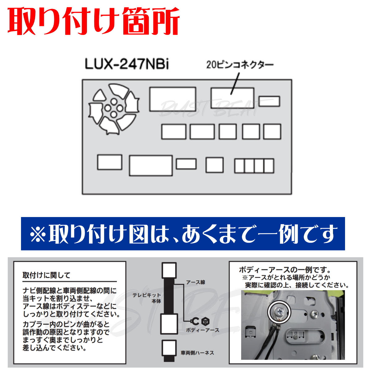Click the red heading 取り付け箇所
(94, 21)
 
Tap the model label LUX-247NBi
(127, 64)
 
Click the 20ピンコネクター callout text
(240, 65)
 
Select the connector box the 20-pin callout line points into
(232, 98)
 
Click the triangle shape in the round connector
(99, 95)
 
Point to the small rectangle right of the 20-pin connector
(269, 101)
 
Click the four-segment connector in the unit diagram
(254, 166)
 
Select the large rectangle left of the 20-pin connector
(173, 99)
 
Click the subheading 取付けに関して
(46, 275)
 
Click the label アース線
(195, 282)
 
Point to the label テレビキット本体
(147, 298)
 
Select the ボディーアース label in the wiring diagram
(203, 330)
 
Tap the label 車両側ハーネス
(197, 353)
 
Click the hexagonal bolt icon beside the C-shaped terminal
(205, 321)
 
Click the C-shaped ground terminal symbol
(195, 321)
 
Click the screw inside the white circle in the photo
(279, 311)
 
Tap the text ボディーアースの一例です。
(284, 270)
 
